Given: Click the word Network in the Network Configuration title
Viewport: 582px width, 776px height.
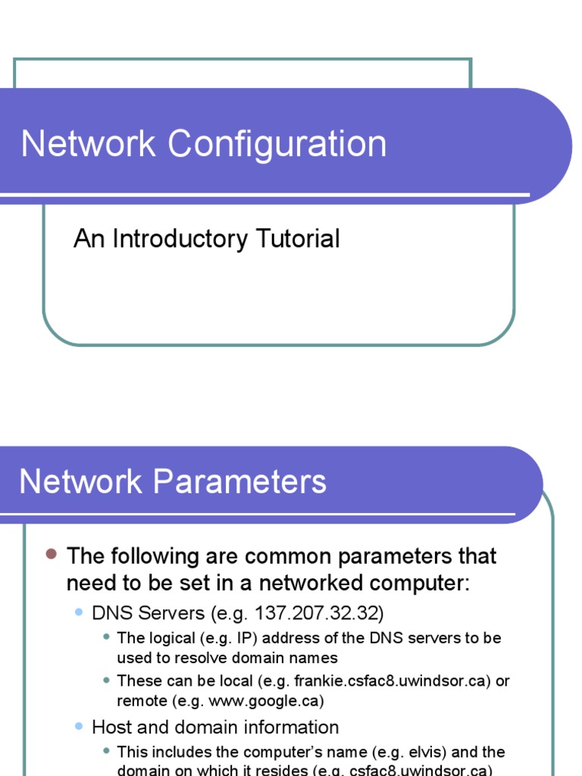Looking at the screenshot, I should coord(88,144).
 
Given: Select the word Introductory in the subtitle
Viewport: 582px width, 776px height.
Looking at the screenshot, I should coord(180,239).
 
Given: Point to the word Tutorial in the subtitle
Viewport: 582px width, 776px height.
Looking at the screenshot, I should coord(297,239).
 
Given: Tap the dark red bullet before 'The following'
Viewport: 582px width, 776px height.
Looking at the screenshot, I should coord(52,555).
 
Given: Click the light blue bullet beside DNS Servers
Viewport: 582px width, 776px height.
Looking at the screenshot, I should coord(79,611).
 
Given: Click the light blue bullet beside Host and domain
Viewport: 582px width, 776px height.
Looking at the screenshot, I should coord(79,726).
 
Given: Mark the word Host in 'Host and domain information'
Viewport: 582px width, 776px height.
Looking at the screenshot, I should coord(109,727).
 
